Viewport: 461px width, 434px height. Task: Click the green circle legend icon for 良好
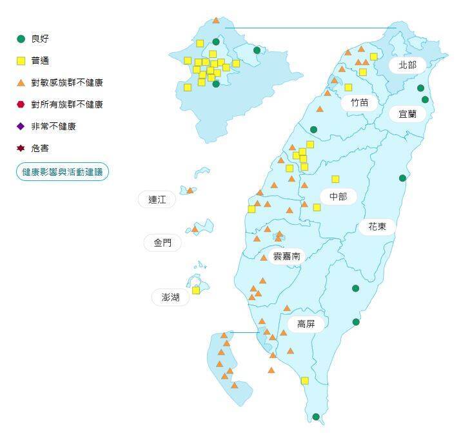(x=21, y=39)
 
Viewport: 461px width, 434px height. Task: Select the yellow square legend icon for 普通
(x=21, y=61)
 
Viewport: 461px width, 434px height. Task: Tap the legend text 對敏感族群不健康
(x=67, y=82)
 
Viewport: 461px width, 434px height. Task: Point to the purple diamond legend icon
(x=21, y=126)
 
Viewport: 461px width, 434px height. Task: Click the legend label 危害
(x=40, y=148)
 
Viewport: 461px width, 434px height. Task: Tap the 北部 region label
(x=407, y=64)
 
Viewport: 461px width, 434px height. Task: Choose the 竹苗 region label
(x=360, y=102)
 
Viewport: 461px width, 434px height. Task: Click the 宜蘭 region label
(x=407, y=114)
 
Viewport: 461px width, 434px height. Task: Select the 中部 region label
(x=338, y=196)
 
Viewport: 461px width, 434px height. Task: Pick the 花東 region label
(x=377, y=226)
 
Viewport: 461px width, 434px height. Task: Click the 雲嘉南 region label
(x=286, y=256)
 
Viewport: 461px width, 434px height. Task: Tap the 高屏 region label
(x=306, y=324)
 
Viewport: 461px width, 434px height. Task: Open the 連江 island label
(x=157, y=200)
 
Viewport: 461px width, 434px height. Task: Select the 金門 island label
(x=162, y=243)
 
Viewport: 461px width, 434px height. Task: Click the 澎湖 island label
(x=171, y=297)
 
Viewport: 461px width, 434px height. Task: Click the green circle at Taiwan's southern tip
(x=316, y=417)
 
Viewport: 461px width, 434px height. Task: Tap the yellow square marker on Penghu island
(x=196, y=290)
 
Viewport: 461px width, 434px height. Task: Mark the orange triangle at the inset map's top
(x=216, y=21)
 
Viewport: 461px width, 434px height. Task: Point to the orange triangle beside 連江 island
(x=190, y=191)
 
